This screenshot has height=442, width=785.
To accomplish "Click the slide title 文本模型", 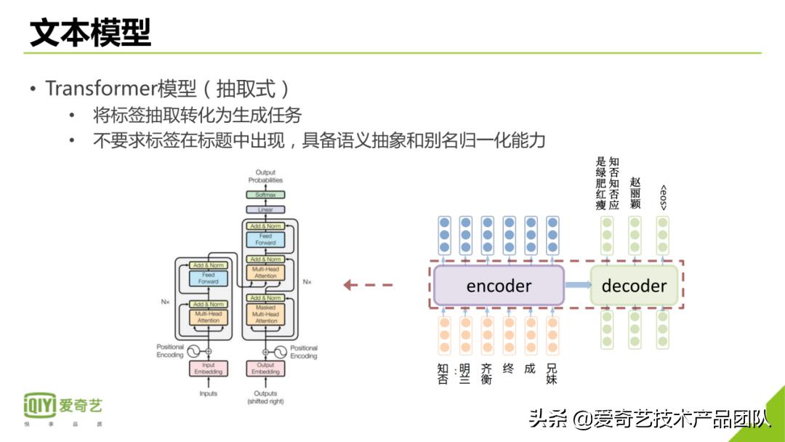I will pos(90,33).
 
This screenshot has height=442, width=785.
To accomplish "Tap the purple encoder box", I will pos(499,286).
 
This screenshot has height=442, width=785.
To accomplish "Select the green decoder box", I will pos(634,286).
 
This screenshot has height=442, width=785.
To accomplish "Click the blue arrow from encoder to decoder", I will pos(578,286).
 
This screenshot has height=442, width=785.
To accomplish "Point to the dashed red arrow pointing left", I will pos(368,285).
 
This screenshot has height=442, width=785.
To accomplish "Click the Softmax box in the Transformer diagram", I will pos(265,195).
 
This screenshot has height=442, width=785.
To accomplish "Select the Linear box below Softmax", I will pos(265,209).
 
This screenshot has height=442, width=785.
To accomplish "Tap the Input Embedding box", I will pos(209,369).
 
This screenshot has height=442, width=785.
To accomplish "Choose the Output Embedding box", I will pos(265,369).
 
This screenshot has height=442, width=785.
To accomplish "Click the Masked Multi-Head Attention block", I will pos(265,313).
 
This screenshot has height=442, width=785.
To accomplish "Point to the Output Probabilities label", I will pos(265,177).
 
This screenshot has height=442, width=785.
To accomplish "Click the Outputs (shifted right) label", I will pos(265,397).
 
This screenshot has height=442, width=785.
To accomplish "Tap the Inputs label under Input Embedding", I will pos(209,394).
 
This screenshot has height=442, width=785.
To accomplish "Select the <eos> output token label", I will pos(663,198).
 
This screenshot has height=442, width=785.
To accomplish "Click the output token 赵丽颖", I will pos(635,193).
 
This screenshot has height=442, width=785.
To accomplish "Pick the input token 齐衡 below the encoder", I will pos(487,374).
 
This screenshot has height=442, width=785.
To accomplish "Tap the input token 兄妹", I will pos(552,374).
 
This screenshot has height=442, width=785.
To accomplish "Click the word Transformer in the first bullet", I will pos(101,89).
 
